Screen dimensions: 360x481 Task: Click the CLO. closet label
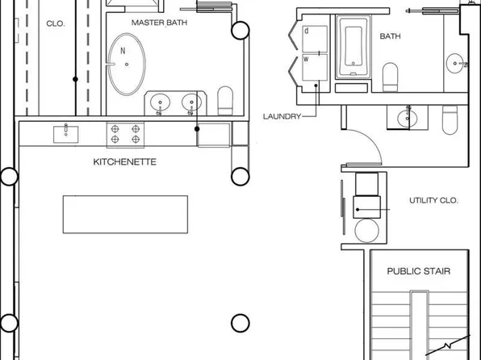click(x=56, y=23)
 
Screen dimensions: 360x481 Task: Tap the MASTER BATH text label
click(x=160, y=23)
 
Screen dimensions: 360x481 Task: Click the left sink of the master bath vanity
click(x=161, y=103)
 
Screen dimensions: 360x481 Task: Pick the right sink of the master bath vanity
click(x=191, y=103)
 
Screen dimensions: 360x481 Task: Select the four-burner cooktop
click(x=125, y=133)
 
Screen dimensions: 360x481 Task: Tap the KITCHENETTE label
click(x=125, y=162)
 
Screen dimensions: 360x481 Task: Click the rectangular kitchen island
click(x=125, y=214)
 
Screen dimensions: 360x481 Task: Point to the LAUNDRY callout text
click(x=282, y=116)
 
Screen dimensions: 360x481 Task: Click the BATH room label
click(x=391, y=36)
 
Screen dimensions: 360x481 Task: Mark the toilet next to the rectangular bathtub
click(x=391, y=77)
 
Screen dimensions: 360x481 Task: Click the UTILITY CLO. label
click(x=433, y=200)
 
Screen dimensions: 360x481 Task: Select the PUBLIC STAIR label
click(x=418, y=271)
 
